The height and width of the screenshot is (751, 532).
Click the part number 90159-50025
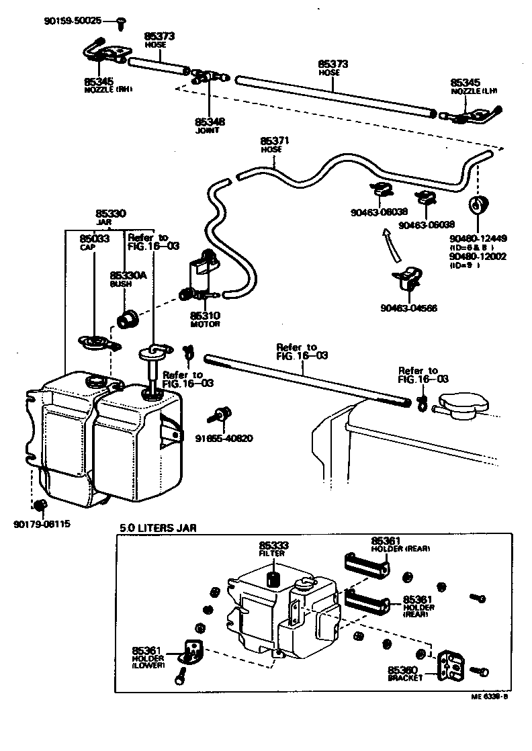[x=73, y=21]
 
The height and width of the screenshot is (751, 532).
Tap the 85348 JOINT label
[x=210, y=126]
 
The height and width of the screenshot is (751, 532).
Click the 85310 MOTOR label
[x=205, y=318]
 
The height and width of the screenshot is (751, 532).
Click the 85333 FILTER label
[x=273, y=549]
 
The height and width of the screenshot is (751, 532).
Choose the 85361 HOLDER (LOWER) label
[x=148, y=657]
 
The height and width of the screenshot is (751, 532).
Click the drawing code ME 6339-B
[x=489, y=697]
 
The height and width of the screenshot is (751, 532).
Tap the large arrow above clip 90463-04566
[x=390, y=245]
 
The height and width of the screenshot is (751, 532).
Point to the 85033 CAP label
[x=89, y=242]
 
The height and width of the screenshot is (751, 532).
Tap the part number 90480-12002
[x=478, y=257]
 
